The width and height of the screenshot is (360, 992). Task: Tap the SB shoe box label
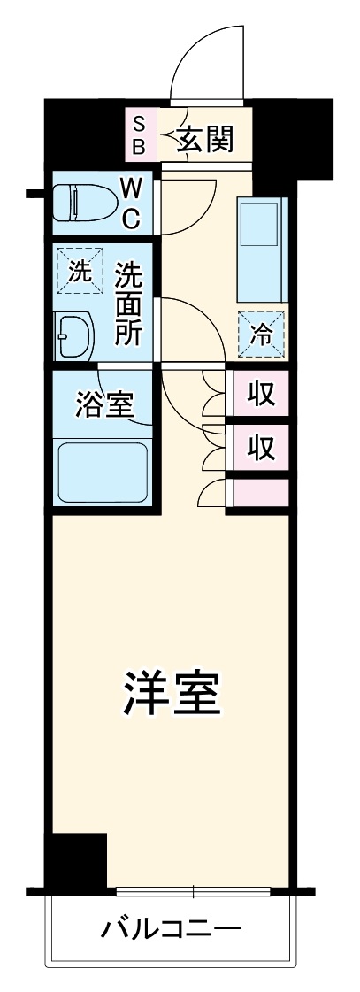pos(140,133)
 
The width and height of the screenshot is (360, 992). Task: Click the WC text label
pos(130,202)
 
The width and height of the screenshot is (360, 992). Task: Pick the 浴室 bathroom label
pos(104,405)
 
